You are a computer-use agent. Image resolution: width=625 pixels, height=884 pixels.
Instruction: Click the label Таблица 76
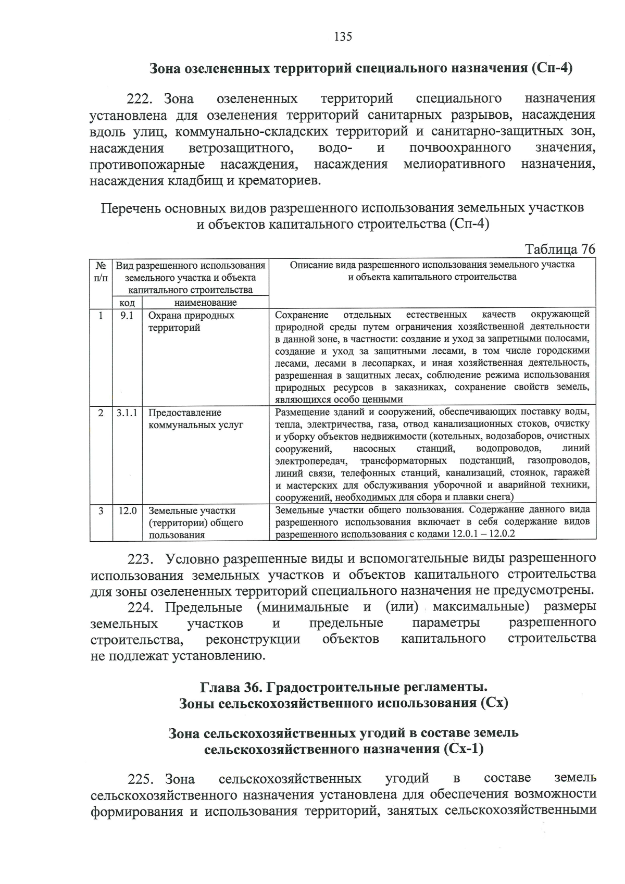pyautogui.click(x=560, y=249)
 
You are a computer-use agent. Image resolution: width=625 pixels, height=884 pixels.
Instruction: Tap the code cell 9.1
pyautogui.click(x=127, y=316)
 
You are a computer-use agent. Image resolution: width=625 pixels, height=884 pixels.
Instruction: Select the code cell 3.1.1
pyautogui.click(x=127, y=413)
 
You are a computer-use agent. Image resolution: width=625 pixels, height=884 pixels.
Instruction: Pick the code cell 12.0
pyautogui.click(x=127, y=511)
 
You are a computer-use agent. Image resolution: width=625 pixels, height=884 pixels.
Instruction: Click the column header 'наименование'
pyautogui.click(x=205, y=303)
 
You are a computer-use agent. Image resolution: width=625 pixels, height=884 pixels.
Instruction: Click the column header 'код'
pyautogui.click(x=127, y=303)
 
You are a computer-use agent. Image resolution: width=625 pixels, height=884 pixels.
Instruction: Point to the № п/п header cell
pyautogui.click(x=101, y=271)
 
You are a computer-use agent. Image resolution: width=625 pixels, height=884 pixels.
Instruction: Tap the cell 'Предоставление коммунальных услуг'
pyautogui.click(x=195, y=419)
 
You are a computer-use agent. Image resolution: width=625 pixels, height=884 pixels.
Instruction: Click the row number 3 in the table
pyautogui.click(x=101, y=511)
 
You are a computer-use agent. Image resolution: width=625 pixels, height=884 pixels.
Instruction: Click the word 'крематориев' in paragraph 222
pyautogui.click(x=282, y=181)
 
